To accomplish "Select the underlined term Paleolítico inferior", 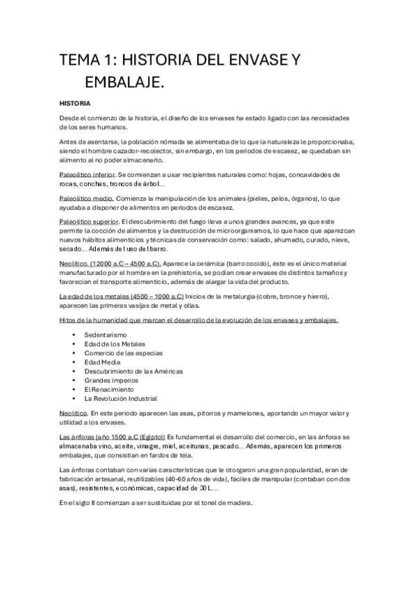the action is [x=88, y=174].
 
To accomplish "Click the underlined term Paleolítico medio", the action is [x=85, y=199].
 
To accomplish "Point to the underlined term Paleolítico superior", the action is [x=89, y=222].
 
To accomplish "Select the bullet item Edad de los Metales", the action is [x=115, y=344].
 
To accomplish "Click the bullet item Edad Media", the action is [x=102, y=362].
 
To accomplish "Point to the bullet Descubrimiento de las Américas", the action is [x=133, y=372].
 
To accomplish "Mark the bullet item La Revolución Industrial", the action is [x=120, y=399].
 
